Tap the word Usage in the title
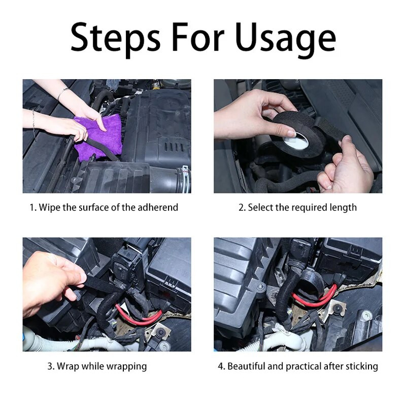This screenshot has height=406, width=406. pyautogui.click(x=286, y=39)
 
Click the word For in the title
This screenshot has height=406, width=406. pyautogui.click(x=198, y=37)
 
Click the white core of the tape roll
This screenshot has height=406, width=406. pyautogui.click(x=295, y=142)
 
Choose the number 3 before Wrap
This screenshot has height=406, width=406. pyautogui.click(x=50, y=366)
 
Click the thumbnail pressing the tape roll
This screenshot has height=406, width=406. pyautogui.click(x=292, y=133)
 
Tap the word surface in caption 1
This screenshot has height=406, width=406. pyautogui.click(x=94, y=208)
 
